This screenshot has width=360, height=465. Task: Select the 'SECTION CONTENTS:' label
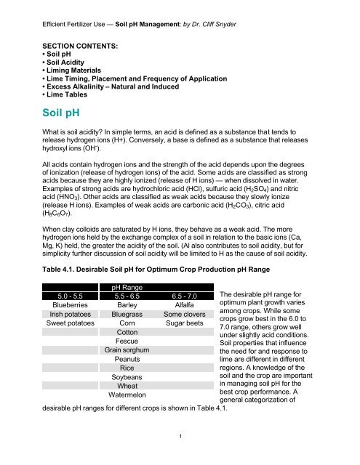point(63,44)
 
